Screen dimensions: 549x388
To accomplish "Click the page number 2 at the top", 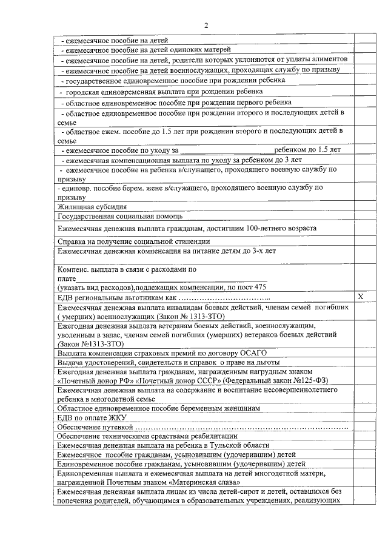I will tap(206, 25).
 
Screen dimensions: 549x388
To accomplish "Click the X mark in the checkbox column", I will tap(360, 297).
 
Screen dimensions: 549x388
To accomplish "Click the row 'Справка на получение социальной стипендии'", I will tap(125, 241).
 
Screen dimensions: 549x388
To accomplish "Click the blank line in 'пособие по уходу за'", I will tap(227, 149).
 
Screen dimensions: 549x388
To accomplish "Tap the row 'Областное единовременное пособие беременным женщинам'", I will tap(158, 408).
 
